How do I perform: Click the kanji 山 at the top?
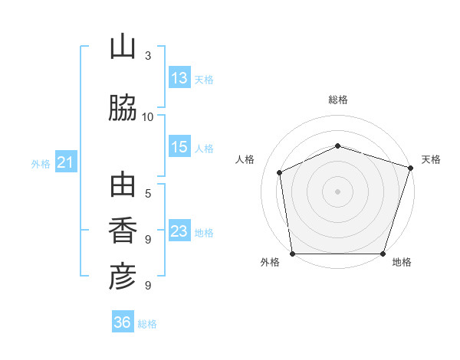pos(123,46)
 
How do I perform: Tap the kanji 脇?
pos(123,107)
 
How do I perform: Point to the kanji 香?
pos(123,230)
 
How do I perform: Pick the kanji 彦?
pos(123,277)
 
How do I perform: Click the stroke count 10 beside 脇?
pos(147,117)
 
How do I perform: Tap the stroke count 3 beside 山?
pos(148,55)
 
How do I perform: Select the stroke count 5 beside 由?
pos(148,194)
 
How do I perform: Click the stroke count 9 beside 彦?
pos(148,285)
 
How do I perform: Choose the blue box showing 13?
pos(179,77)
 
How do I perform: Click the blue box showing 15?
pos(179,146)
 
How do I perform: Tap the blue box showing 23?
pos(179,230)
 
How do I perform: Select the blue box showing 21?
pos(66,162)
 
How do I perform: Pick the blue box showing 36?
pos(123,321)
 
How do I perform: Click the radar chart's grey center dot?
pos(337,191)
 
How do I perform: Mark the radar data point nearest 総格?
pos(337,146)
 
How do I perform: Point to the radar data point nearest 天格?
pos(410,168)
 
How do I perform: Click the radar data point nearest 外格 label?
pos(293,254)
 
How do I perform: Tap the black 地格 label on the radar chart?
pos(402,262)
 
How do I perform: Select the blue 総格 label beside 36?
pos(147,324)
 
